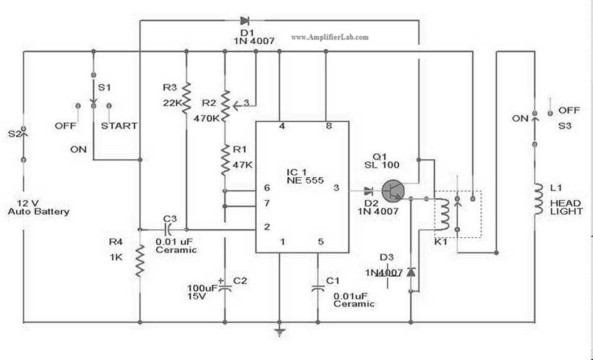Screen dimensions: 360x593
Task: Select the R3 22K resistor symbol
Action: click(187, 98)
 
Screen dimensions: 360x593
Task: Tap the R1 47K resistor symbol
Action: click(225, 159)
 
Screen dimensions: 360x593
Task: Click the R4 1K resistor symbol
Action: click(140, 260)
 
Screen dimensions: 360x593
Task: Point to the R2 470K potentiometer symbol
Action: click(225, 106)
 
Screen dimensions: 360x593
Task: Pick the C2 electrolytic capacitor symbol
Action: click(225, 288)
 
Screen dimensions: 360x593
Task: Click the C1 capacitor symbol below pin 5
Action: click(318, 287)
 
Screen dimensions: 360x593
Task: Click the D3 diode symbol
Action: click(411, 273)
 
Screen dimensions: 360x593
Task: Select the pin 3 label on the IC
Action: click(335, 188)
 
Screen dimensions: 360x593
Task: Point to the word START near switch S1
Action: click(119, 126)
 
